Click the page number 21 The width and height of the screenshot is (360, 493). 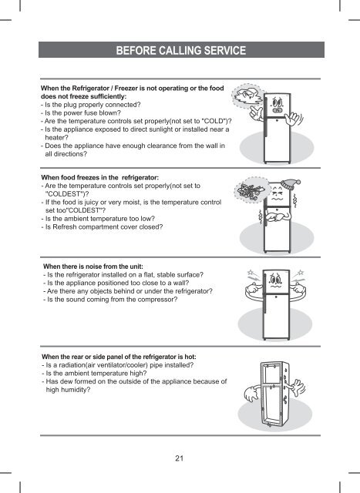[x=179, y=458]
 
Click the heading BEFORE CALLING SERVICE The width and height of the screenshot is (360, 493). [x=181, y=50]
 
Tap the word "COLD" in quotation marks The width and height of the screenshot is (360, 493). [x=214, y=121]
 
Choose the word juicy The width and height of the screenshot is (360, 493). [x=91, y=202]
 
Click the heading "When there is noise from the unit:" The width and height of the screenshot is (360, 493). [x=93, y=267]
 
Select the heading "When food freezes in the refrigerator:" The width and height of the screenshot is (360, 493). [x=100, y=177]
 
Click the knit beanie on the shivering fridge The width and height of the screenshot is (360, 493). [x=290, y=184]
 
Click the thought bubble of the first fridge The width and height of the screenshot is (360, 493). [x=247, y=96]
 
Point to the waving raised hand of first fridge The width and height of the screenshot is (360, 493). [x=294, y=119]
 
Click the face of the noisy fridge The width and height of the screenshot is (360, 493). [x=276, y=280]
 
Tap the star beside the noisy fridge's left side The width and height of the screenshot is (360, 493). [x=251, y=272]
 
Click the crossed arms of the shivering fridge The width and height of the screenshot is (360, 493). [x=278, y=217]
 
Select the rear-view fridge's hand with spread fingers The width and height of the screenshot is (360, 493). [x=298, y=387]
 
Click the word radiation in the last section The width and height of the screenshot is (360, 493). [x=71, y=365]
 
